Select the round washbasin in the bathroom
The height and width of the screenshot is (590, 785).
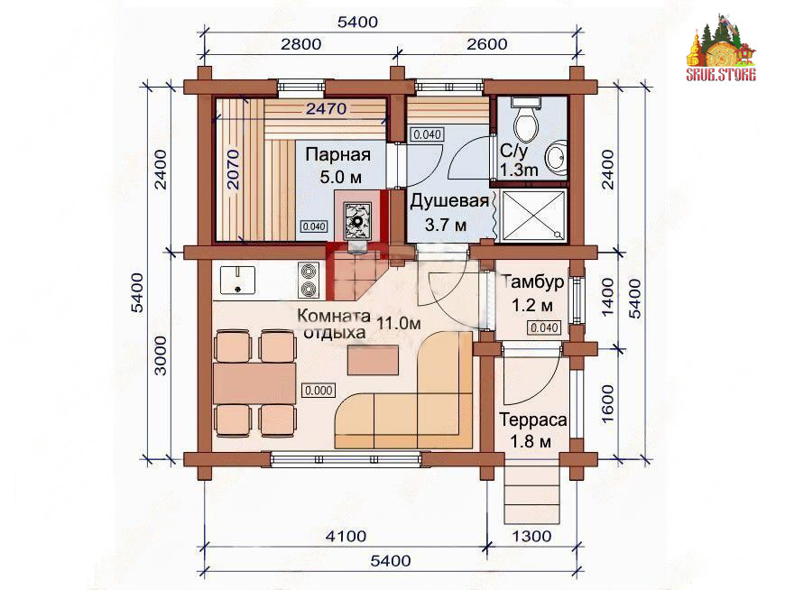[x=556, y=157]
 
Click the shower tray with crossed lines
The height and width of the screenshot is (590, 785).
[x=533, y=216]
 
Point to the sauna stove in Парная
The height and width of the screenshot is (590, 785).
[x=357, y=220]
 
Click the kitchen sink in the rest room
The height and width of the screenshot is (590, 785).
[x=237, y=280]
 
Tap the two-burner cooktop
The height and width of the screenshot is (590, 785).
[x=309, y=281]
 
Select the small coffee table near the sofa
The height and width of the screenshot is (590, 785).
[x=373, y=360]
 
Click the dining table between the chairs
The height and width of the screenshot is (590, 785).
[x=254, y=383]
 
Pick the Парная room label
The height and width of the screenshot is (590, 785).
[x=338, y=154]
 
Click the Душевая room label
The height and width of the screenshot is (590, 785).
[x=449, y=201]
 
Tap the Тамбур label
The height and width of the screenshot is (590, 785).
[x=532, y=281]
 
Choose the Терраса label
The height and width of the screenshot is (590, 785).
[x=532, y=419]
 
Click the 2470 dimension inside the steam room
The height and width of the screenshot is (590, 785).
[x=326, y=108]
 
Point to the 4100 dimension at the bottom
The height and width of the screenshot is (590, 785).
[x=346, y=537]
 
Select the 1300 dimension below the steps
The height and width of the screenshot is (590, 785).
[x=531, y=537]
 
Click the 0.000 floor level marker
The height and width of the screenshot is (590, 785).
[x=319, y=391]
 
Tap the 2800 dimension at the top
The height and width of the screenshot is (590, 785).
[x=300, y=44]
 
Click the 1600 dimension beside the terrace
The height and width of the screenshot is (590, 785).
[x=607, y=403]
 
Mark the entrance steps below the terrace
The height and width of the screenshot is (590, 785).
[x=531, y=494]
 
